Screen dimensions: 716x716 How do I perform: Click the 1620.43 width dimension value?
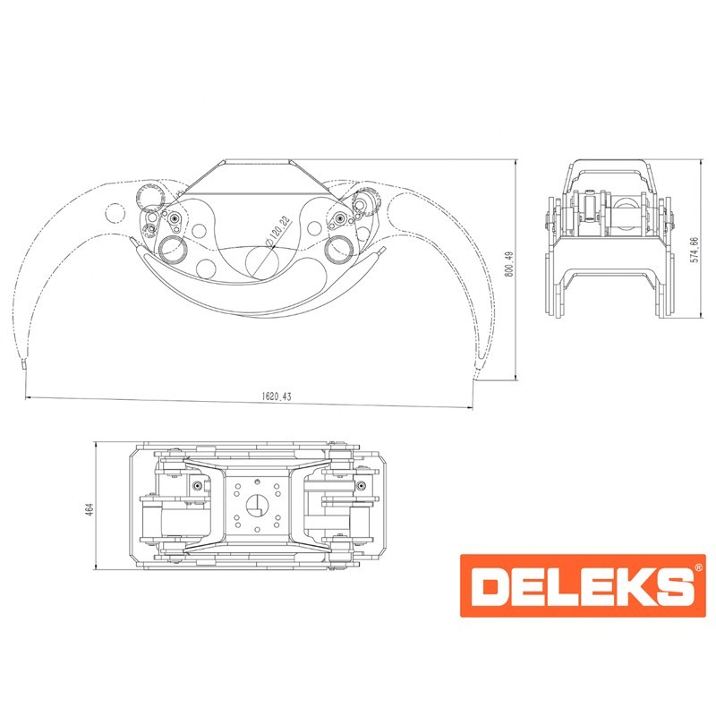click(277, 396)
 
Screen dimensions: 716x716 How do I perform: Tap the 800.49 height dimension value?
click(509, 263)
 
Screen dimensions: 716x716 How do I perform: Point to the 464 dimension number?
click(89, 509)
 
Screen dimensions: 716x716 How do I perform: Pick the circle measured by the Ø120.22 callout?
click(262, 262)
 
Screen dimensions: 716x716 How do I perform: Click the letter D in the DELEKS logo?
click(491, 585)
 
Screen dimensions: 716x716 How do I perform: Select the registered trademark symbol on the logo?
click(698, 567)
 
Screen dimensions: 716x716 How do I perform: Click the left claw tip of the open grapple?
click(23, 363)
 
